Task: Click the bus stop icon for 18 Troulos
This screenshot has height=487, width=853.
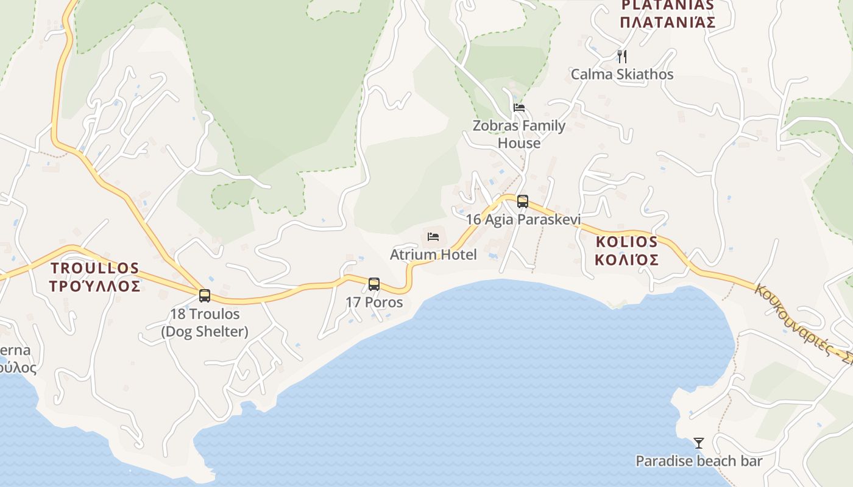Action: tap(205, 296)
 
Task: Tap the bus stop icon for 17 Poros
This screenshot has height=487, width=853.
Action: tap(374, 284)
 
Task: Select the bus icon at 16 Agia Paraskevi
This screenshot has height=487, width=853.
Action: tap(523, 201)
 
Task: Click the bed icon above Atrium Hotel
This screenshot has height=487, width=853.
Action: tap(433, 237)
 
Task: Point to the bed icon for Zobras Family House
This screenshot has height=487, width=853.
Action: tap(519, 108)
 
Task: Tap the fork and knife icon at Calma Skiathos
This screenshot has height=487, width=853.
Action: tap(622, 57)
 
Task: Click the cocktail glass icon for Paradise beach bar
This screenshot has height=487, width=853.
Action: tap(699, 443)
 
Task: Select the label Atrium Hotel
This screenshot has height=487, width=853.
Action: tap(433, 254)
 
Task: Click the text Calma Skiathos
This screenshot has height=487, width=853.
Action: tap(622, 74)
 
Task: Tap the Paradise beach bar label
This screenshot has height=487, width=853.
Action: tap(699, 461)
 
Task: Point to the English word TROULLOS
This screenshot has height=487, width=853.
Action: tap(95, 268)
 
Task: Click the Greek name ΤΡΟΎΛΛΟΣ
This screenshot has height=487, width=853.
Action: tap(95, 286)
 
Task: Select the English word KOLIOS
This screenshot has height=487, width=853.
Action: tap(627, 241)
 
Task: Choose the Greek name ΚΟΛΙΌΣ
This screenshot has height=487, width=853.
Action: tap(627, 260)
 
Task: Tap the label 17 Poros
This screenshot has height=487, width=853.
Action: tap(374, 302)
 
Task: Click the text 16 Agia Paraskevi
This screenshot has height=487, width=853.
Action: tap(523, 219)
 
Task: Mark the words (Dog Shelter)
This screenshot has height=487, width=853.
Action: tap(205, 332)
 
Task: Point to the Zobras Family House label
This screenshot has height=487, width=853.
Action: tap(519, 134)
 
